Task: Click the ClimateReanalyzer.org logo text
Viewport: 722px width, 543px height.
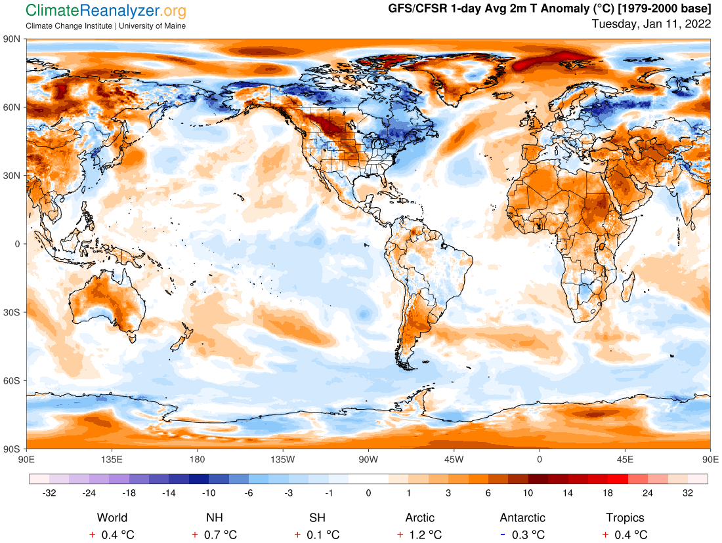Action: [106, 11]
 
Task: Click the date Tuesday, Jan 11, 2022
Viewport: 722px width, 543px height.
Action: [651, 24]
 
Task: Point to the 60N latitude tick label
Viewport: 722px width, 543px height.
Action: [13, 107]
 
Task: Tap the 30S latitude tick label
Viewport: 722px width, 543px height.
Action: [13, 312]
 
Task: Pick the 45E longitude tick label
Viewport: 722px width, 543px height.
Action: [625, 458]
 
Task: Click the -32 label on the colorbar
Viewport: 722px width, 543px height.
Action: [49, 493]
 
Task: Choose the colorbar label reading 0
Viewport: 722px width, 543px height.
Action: [369, 493]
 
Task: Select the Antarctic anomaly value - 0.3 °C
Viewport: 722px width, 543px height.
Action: [522, 535]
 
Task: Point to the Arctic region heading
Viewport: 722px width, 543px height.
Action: [420, 518]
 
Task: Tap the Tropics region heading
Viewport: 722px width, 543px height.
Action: [625, 518]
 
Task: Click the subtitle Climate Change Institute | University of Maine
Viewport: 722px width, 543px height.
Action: [106, 26]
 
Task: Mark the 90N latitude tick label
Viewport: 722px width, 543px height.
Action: [13, 39]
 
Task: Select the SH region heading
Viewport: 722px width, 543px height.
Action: [317, 518]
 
